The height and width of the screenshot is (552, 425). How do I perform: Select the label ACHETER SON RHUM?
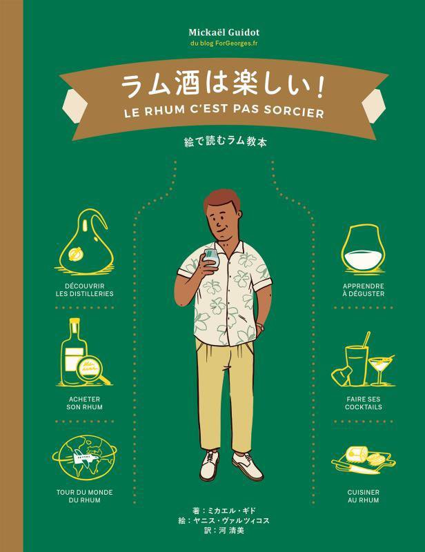click(86, 404)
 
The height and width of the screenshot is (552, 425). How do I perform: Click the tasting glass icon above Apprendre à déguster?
click(363, 253)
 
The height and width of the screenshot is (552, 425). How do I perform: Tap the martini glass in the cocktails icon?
click(380, 366)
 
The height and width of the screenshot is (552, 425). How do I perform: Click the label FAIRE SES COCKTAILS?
click(363, 404)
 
